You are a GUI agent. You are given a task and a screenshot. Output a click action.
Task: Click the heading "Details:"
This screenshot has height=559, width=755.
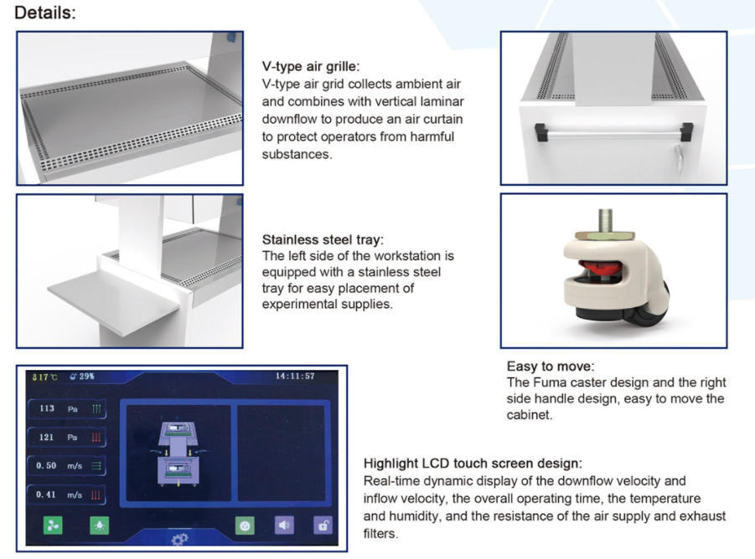coord(45,13)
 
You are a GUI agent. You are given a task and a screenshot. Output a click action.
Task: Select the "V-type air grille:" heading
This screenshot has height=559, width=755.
coord(311,66)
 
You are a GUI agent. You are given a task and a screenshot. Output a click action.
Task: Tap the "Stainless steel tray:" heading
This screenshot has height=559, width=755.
coord(323,239)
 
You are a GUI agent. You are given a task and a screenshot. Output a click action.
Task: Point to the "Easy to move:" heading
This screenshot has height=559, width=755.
coord(551,367)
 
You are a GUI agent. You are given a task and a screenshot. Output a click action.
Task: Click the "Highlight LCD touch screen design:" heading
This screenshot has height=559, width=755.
coord(473,464)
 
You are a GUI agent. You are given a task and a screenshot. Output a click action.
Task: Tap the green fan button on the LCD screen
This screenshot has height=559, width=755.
coord(53,526)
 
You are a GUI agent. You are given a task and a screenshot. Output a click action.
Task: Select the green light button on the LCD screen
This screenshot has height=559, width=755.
coord(99,526)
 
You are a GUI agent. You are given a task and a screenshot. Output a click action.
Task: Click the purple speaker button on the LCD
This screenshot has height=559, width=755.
coord(284,525)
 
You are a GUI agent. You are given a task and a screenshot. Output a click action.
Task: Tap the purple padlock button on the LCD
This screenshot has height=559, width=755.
coord(323,525)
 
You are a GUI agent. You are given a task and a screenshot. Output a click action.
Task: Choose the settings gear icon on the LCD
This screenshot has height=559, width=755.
coord(179,539)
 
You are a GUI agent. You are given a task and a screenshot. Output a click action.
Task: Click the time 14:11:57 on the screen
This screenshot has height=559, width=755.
coord(295,376)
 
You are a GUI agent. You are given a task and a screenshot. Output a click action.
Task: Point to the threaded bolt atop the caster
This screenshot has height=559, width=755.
coord(606,220)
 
